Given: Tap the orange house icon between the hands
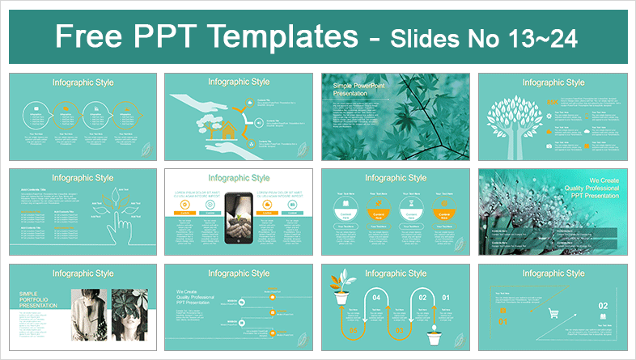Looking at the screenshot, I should point(229,128).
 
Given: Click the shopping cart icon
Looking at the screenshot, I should point(554,314).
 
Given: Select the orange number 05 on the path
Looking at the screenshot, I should point(351,332).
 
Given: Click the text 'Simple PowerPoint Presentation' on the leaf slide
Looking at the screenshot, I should point(357,91).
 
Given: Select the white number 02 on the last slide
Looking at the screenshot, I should point(602,306).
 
